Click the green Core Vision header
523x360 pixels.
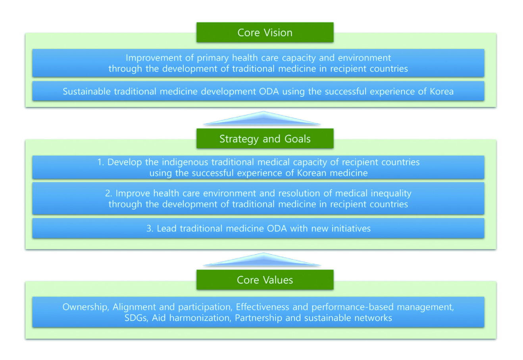click(265, 33)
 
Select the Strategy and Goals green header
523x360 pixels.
click(265, 139)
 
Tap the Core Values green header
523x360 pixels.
click(265, 280)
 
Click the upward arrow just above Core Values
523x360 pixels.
click(262, 260)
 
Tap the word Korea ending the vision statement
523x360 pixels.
click(441, 91)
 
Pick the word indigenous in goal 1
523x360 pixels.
click(185, 162)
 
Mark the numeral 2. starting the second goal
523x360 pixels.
click(109, 194)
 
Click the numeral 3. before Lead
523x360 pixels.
click(150, 229)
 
